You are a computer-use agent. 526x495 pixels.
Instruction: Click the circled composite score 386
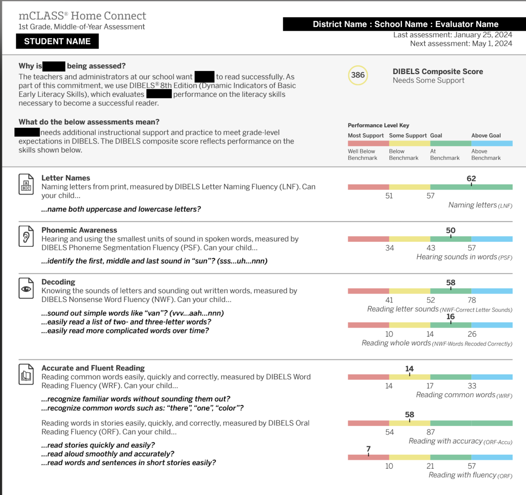point(358,75)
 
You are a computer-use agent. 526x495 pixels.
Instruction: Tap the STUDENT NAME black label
point(57,41)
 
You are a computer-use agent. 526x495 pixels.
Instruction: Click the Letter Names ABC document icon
point(26,184)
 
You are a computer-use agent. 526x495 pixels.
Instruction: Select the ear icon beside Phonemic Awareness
point(26,236)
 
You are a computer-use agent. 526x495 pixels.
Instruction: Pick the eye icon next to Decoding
point(26,288)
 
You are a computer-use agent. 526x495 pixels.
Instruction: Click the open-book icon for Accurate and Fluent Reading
point(26,374)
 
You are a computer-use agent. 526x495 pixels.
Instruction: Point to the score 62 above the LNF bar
point(471,178)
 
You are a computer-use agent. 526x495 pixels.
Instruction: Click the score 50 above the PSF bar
point(451,231)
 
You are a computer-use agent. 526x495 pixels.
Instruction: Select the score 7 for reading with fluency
point(368,449)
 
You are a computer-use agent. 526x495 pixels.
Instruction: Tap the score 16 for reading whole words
point(451,317)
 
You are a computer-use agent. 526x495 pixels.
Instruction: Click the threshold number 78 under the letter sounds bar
point(472,300)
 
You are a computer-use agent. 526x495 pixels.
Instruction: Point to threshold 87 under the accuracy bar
point(430,432)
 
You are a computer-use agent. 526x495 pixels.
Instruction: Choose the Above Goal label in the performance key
point(486,136)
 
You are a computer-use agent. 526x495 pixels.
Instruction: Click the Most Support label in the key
point(366,136)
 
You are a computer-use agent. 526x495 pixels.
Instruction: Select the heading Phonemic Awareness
point(79,230)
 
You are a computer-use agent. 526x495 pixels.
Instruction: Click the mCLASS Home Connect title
point(82,16)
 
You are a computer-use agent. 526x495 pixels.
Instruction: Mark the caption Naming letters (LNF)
point(480,205)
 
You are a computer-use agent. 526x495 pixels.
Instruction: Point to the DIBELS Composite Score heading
point(438,72)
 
